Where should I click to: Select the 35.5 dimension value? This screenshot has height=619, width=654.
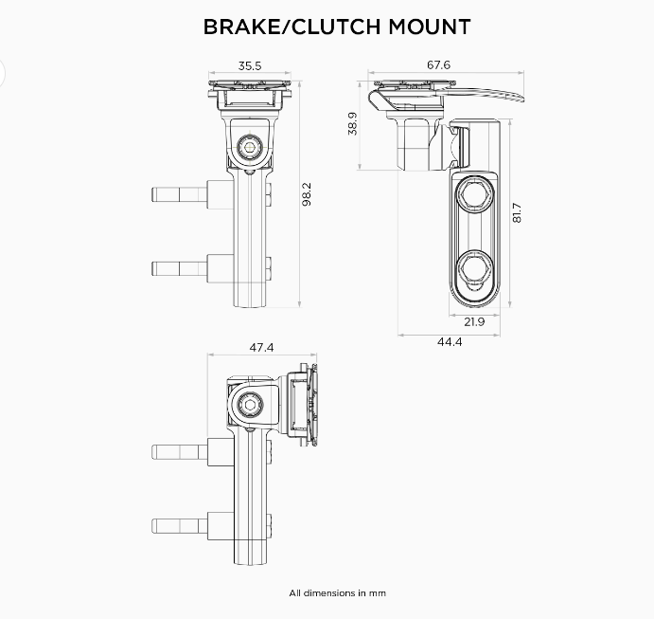(x=250, y=66)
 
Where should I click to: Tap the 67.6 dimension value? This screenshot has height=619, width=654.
(x=439, y=65)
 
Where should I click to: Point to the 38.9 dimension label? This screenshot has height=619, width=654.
(x=352, y=123)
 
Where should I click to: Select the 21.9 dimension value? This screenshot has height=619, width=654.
(x=474, y=322)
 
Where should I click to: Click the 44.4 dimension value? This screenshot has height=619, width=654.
(x=450, y=341)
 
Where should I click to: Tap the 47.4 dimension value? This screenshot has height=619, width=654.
(x=261, y=348)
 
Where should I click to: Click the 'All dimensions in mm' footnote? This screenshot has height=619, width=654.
(x=337, y=593)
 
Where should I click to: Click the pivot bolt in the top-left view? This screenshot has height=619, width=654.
(x=251, y=147)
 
